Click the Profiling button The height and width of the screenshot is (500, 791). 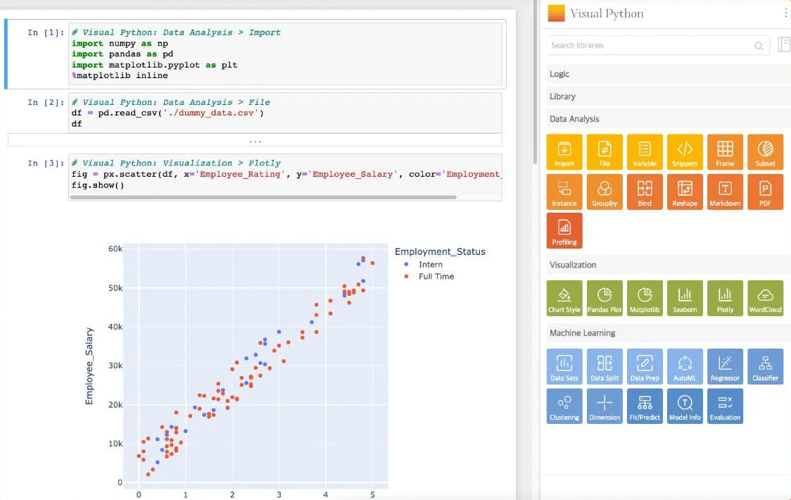point(564,231)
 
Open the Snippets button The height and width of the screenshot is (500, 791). point(685,152)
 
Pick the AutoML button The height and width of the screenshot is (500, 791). point(685,367)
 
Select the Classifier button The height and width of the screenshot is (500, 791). point(765,367)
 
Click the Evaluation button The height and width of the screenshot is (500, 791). point(725,406)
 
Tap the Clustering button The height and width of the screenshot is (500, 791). point(564,406)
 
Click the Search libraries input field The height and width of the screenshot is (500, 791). point(651,45)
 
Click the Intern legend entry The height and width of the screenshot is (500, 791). point(430,265)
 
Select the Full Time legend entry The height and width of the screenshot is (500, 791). point(436,277)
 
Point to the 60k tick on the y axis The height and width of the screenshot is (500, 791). point(115,249)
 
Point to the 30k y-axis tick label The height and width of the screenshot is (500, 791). point(115,365)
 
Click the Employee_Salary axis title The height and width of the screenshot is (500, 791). point(89,365)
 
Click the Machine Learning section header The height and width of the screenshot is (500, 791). point(583,333)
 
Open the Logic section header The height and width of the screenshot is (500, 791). point(559,74)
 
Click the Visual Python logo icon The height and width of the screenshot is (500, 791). point(556,13)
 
